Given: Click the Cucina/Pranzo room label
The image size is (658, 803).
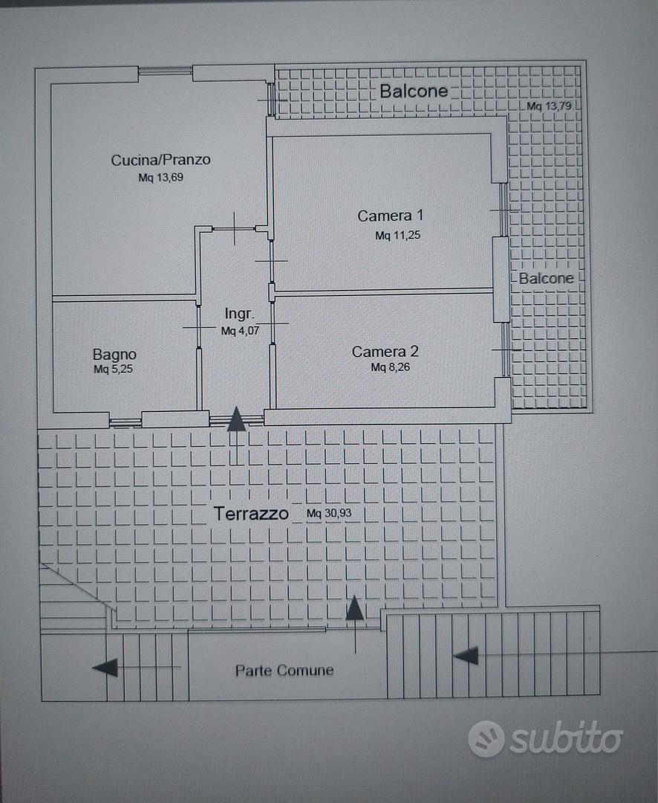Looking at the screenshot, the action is [x=160, y=160].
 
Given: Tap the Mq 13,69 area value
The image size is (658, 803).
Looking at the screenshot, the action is [x=160, y=178].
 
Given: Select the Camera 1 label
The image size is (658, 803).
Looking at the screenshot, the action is [x=391, y=216].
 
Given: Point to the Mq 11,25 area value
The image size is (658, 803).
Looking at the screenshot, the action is [x=397, y=235].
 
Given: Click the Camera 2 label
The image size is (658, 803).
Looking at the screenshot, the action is [x=385, y=351].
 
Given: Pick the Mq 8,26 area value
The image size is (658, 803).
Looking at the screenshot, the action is [x=391, y=367].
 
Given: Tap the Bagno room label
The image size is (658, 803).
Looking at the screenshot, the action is [x=114, y=355].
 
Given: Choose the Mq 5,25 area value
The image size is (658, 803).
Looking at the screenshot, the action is [x=113, y=369].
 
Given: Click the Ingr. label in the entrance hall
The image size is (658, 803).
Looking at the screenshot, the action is [x=239, y=314].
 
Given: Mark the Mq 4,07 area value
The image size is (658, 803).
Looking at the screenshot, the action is [x=240, y=331].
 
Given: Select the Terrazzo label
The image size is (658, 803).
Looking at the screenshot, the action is [x=251, y=513].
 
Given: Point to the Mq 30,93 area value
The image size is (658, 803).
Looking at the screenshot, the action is [x=329, y=513].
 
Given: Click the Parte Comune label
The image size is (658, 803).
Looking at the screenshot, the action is [x=284, y=671].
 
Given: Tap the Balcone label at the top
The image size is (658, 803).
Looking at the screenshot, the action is [x=414, y=91].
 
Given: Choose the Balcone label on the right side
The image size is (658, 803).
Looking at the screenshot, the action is [x=546, y=278].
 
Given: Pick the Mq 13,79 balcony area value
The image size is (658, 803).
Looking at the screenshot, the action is [x=549, y=106].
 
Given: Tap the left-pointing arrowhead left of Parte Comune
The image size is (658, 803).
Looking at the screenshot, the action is [x=105, y=667].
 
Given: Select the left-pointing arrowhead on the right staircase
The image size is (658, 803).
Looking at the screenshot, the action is [x=466, y=656].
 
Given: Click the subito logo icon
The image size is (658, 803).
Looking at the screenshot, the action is [x=486, y=738].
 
